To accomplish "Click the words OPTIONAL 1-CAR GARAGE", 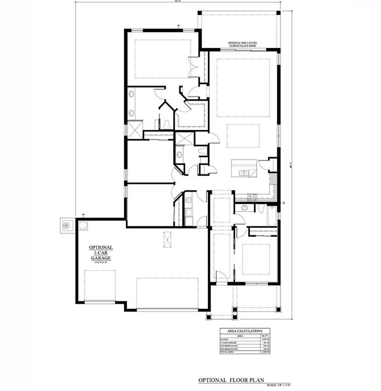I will point(101,253).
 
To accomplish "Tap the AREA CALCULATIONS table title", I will point(245,331).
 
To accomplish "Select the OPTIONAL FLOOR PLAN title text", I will point(231,380).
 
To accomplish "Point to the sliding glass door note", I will point(243,44).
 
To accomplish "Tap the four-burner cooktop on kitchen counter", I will point(252,197).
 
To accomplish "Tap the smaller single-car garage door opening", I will point(99,303).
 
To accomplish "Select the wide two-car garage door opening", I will point(167,310).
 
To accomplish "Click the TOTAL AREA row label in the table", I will point(228,352).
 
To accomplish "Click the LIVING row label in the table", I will point(225,339).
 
